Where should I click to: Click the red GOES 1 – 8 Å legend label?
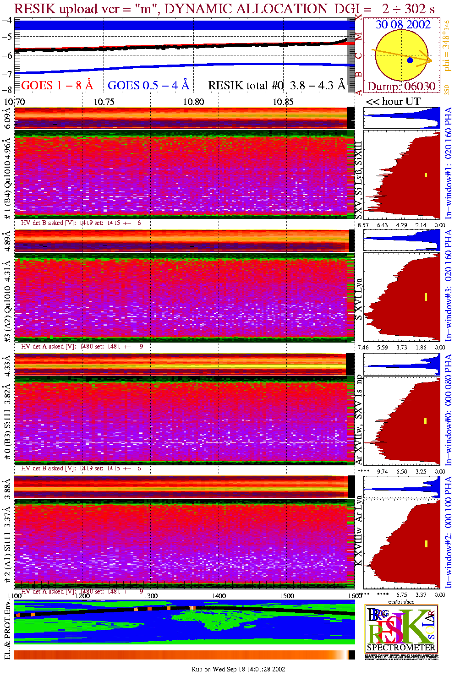pos(57,85)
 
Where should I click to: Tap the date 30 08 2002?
pos(403,25)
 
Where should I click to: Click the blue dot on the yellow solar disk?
pos(410,60)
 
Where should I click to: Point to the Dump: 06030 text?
pos(401,87)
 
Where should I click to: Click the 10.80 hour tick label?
pos(193,102)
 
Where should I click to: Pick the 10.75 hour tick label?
pos(104,102)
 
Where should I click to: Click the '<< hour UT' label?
pos(393,102)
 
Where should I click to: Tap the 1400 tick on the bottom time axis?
pos(219,596)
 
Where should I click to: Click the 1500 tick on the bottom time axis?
pos(287,596)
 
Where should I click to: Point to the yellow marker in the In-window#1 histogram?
pos(426,174)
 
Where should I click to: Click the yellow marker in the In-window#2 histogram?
pos(426,544)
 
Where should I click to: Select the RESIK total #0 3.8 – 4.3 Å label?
pos(277,85)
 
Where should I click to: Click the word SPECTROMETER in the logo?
pos(401,648)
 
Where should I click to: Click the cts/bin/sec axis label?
pos(401,601)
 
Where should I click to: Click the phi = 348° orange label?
pos(447,46)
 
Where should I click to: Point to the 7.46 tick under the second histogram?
pos(363,348)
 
